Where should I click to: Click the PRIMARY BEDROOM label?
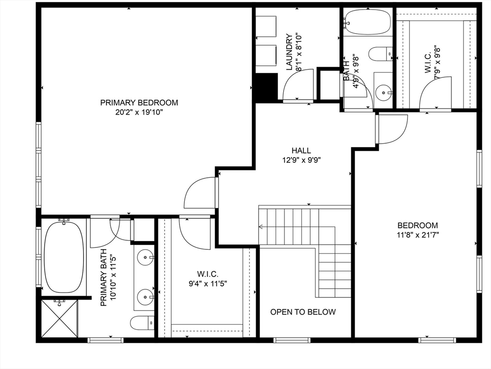[139, 102]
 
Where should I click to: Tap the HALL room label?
[301, 150]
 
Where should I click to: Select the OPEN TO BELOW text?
[303, 312]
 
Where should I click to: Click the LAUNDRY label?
[289, 52]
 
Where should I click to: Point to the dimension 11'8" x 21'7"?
[417, 235]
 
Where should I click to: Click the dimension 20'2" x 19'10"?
[139, 112]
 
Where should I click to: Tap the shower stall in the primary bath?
[59, 318]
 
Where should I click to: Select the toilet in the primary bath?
[142, 323]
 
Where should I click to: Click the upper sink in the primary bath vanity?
[144, 258]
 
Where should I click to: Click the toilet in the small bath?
[381, 53]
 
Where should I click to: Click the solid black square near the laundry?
[266, 87]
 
